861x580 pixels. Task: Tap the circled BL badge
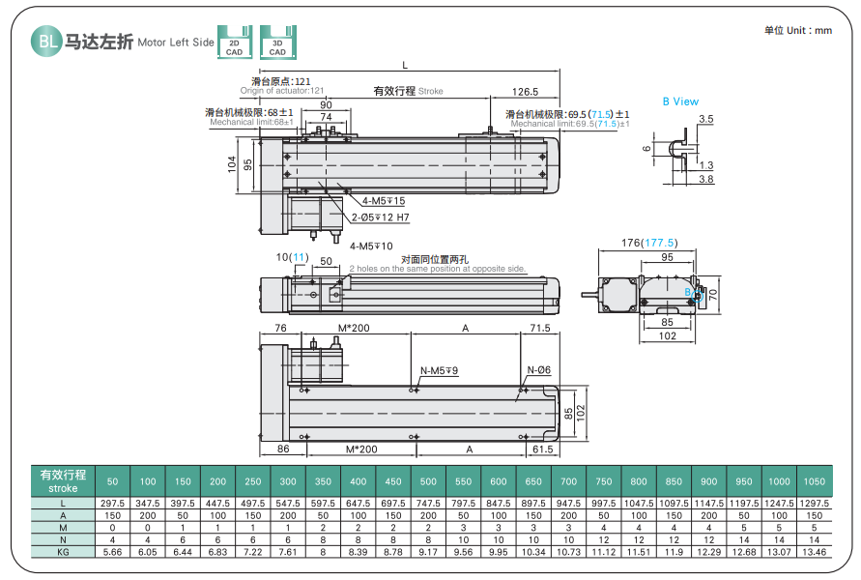pos(46,42)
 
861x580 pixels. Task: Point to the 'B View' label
pos(680,101)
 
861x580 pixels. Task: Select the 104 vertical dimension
pos(232,164)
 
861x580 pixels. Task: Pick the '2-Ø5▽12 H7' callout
pos(380,217)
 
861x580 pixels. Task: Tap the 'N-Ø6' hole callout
pos(538,370)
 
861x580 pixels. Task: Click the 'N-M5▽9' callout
pos(439,370)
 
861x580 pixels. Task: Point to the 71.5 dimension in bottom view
pos(539,329)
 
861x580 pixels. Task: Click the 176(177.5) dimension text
pos(648,243)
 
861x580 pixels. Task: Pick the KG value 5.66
pos(113,551)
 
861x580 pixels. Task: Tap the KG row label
pos(63,551)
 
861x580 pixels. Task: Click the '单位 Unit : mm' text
pos(797,30)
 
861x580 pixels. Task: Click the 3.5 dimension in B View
pos(705,119)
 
